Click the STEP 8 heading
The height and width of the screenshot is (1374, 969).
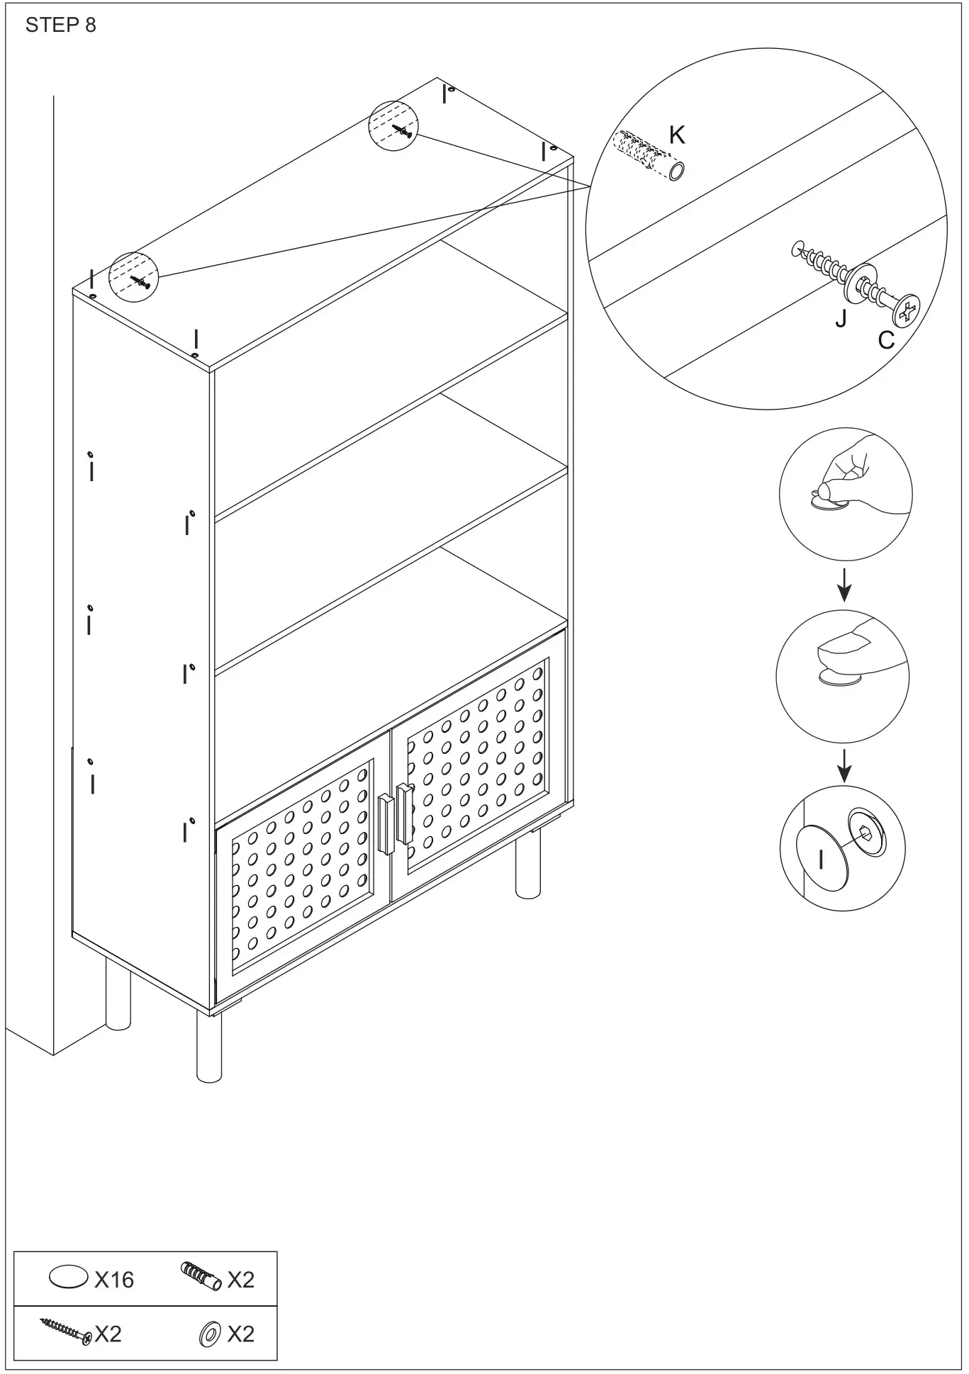point(60,26)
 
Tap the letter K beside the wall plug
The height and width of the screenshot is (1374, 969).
point(677,135)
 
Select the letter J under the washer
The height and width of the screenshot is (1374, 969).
point(841,318)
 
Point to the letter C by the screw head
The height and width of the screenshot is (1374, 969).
point(886,341)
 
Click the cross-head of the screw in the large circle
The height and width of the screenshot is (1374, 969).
point(907,310)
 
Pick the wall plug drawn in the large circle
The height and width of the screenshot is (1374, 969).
point(649,154)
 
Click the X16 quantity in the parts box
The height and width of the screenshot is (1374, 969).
point(113,1279)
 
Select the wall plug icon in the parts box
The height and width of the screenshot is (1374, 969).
point(201,1276)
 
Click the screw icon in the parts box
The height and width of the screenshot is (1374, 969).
point(65,1332)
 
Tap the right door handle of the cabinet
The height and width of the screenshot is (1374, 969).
point(404,813)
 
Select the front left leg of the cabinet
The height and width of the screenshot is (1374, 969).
point(208,1055)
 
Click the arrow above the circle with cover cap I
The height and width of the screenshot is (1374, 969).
point(844,767)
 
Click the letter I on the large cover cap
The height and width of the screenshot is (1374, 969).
point(821,860)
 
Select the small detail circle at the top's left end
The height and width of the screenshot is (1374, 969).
point(133,276)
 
